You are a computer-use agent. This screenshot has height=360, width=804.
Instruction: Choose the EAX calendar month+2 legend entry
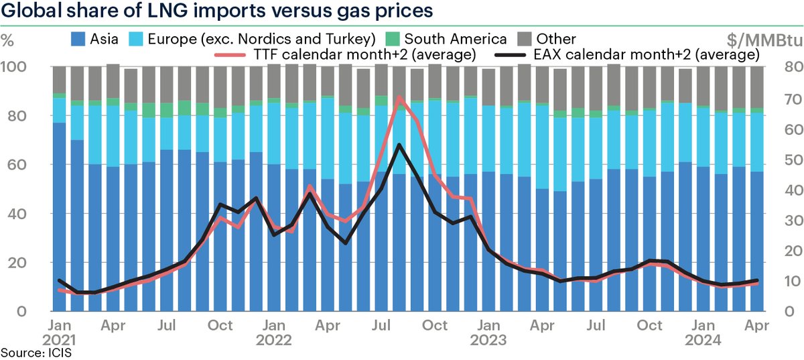[626, 53]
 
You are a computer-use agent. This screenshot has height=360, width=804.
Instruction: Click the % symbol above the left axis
[8, 39]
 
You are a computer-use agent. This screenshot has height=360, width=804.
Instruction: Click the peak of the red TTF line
[400, 97]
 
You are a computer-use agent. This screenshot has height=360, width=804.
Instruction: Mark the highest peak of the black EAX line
[400, 145]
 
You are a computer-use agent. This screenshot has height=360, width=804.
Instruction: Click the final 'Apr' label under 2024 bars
[757, 325]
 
